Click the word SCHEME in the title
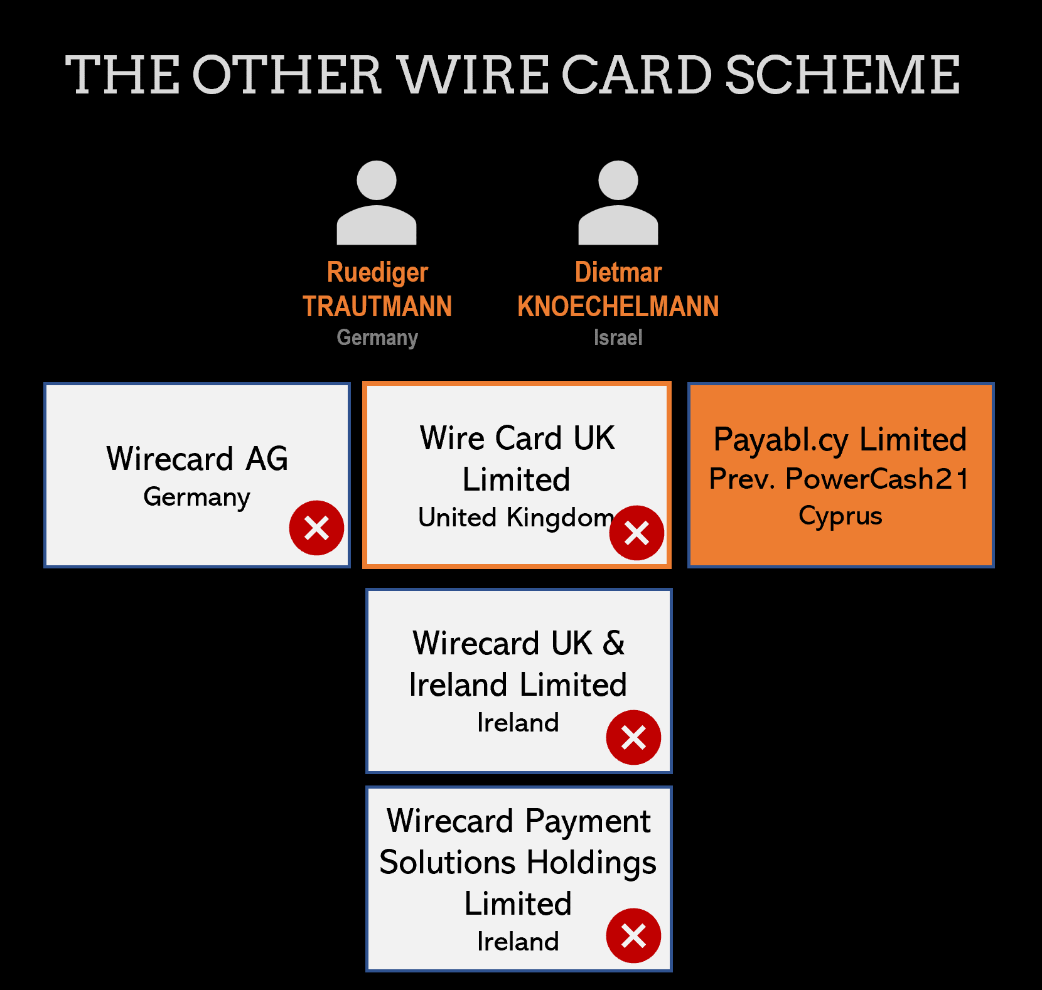tap(842, 75)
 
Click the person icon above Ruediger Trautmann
tap(377, 202)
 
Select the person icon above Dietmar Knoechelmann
tap(618, 202)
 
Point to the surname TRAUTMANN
tap(377, 307)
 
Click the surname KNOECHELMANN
tap(618, 307)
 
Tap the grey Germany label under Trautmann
tap(377, 338)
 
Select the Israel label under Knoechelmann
tap(618, 338)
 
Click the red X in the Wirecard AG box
tap(316, 528)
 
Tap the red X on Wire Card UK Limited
tap(636, 533)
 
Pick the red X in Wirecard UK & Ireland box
tap(633, 737)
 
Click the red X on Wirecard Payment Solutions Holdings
tap(633, 935)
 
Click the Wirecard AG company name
tap(197, 459)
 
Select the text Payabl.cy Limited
tap(840, 439)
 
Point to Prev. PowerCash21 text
tap(840, 479)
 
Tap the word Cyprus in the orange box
tap(840, 516)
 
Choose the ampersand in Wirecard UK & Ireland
tap(613, 644)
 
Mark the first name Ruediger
tap(377, 272)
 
